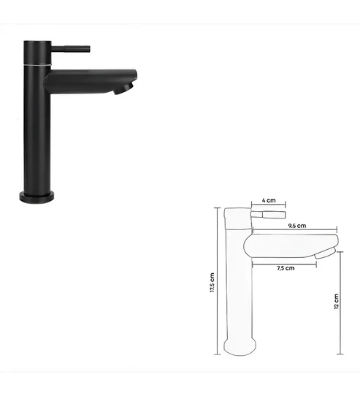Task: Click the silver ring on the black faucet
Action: pyautogui.click(x=36, y=64)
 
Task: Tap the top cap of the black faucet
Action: pyautogui.click(x=36, y=42)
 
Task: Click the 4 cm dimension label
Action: pyautogui.click(x=269, y=199)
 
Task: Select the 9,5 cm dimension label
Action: pyautogui.click(x=296, y=226)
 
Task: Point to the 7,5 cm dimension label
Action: pyautogui.click(x=286, y=268)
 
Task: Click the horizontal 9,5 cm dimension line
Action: pyautogui.click(x=295, y=232)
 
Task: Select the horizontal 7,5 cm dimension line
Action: pyautogui.click(x=286, y=262)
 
